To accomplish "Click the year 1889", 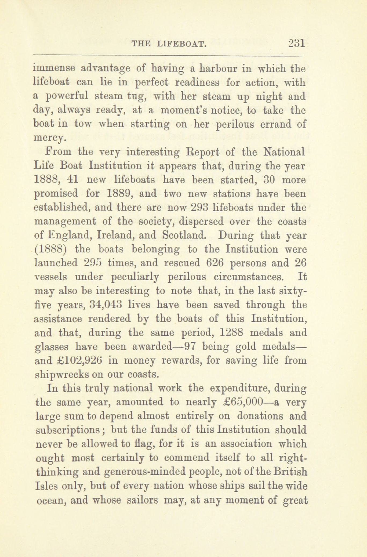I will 119,194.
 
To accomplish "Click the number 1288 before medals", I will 231,332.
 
